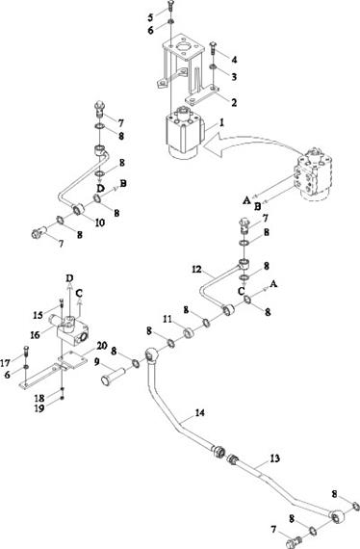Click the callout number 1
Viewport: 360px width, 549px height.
coord(221,123)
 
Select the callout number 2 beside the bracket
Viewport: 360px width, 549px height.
coord(234,102)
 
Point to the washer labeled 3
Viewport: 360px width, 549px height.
coord(213,66)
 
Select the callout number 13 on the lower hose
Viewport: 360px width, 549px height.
coord(275,458)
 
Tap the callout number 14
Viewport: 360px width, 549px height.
coord(199,413)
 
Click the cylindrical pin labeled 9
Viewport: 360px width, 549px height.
coord(114,376)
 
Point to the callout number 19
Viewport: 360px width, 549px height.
coord(39,408)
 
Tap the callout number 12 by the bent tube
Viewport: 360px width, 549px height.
coord(197,270)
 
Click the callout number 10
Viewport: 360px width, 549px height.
coord(100,222)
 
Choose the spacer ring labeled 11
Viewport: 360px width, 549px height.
coord(190,332)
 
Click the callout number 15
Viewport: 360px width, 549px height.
coord(38,315)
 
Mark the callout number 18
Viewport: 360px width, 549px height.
coord(39,398)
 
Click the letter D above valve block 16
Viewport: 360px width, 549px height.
coord(70,278)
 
